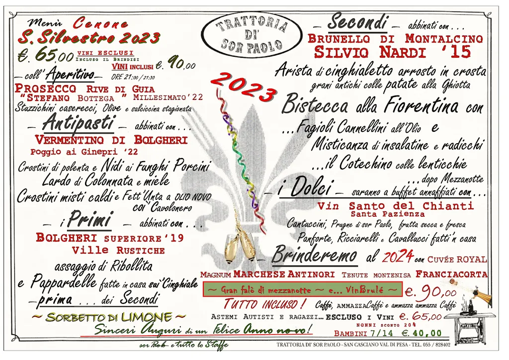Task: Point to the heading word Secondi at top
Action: pos(357,22)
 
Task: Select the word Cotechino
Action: pos(366,163)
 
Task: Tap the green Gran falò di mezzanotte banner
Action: pos(302,289)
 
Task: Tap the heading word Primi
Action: pos(89,220)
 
